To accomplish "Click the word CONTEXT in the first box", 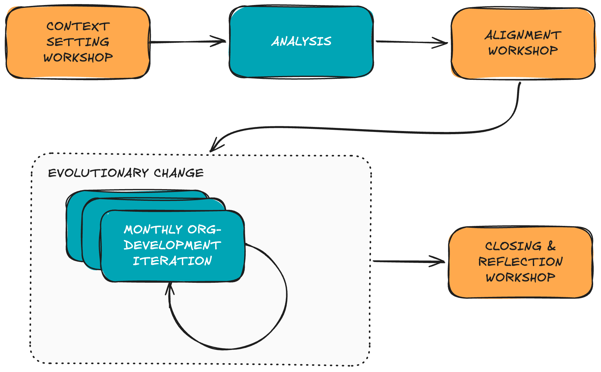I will [x=78, y=26].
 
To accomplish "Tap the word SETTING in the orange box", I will [x=78, y=42].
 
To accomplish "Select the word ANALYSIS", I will [x=301, y=41].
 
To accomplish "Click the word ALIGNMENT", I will [x=523, y=35].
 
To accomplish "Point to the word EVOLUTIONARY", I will [x=98, y=173].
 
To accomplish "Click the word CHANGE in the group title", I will [x=178, y=173].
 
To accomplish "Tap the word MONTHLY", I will [x=153, y=230].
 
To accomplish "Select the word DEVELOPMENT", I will [x=172, y=245].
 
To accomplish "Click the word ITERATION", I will [x=172, y=261].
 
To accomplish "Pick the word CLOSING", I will [x=513, y=246].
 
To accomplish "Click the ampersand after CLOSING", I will [x=551, y=246].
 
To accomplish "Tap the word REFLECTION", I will [x=521, y=262].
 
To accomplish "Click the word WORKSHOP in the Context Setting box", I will [x=78, y=57].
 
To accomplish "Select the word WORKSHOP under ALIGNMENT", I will [x=523, y=51].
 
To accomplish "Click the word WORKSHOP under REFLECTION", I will [x=521, y=277].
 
